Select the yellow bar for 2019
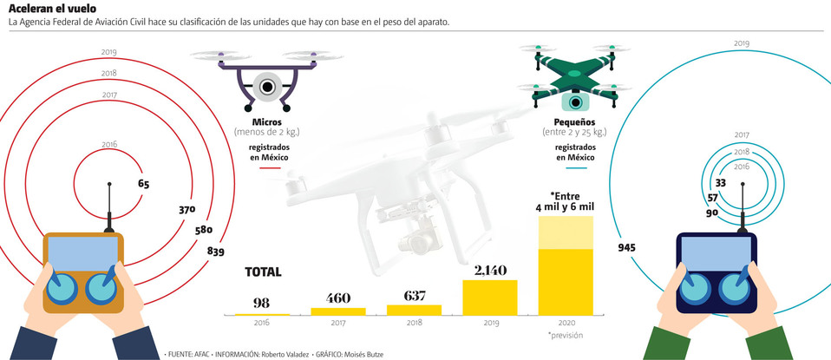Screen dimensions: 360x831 click(490, 297)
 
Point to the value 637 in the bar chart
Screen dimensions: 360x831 click(415, 296)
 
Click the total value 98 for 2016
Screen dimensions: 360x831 click(260, 301)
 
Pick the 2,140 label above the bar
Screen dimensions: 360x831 click(490, 270)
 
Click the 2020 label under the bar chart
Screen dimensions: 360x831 click(566, 322)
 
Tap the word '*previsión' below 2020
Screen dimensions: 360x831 click(565, 334)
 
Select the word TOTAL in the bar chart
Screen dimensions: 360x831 click(263, 272)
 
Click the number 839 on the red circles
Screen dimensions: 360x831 click(216, 252)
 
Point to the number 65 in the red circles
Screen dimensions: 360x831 click(143, 184)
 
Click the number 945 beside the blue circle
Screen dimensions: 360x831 click(626, 247)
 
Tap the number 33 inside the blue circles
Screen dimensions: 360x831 click(720, 183)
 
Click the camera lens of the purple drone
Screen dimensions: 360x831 click(266, 87)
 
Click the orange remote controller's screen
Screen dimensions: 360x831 click(83, 253)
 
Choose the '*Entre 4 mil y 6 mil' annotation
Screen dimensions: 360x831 click(566, 201)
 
